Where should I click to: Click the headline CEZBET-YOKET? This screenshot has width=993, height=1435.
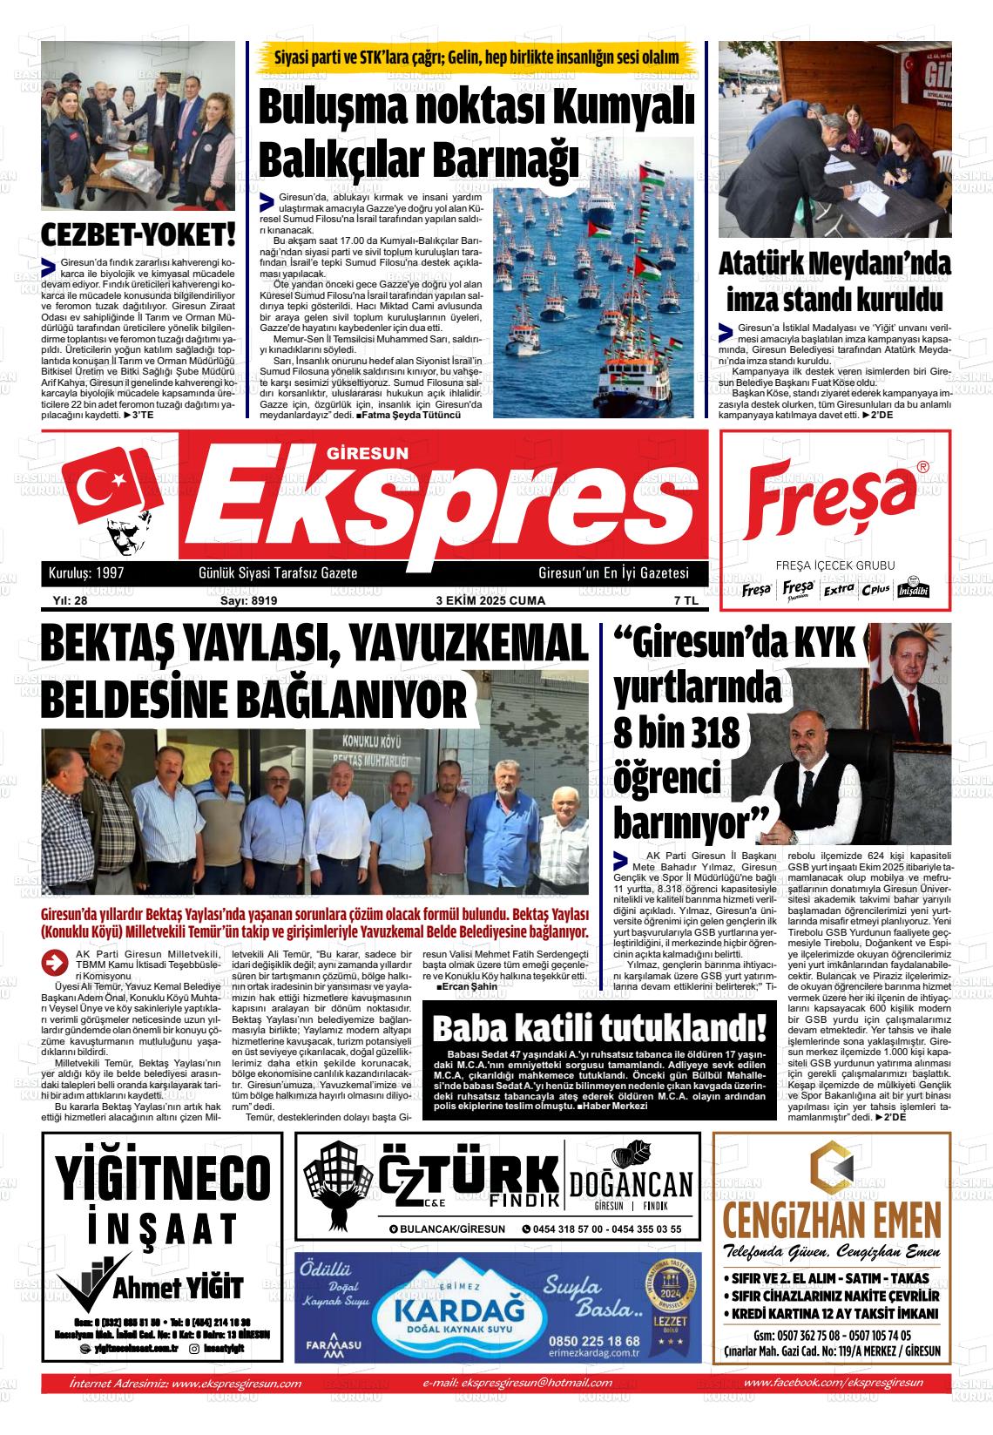[138, 235]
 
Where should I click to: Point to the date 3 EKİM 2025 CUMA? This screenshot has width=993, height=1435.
[490, 600]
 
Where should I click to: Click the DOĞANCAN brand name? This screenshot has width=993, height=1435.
[632, 1185]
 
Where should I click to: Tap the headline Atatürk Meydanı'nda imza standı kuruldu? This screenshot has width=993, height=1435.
[834, 282]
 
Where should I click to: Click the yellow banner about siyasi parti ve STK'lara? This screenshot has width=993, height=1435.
[476, 58]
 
